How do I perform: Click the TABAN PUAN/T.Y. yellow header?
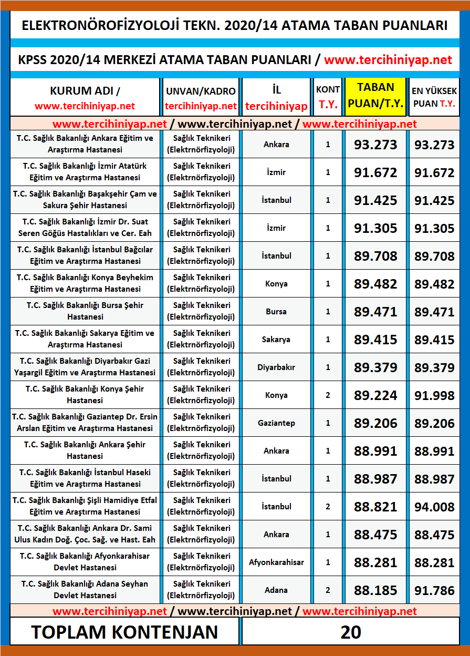(375, 97)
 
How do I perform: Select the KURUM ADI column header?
(85, 97)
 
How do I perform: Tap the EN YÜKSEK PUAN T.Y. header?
(434, 97)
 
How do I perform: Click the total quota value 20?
(350, 632)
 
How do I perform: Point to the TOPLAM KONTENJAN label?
(124, 632)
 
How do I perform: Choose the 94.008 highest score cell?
(434, 507)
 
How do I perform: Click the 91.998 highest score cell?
(434, 395)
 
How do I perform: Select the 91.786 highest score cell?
(434, 590)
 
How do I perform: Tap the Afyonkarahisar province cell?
(276, 562)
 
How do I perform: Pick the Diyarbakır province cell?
(276, 367)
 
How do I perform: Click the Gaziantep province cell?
(276, 423)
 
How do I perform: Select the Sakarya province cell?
(276, 340)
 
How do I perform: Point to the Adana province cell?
(276, 590)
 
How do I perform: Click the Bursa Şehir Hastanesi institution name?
(85, 311)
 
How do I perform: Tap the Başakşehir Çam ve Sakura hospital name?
(85, 200)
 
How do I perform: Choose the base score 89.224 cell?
(375, 395)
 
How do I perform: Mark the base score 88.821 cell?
(375, 507)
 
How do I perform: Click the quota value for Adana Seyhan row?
(328, 590)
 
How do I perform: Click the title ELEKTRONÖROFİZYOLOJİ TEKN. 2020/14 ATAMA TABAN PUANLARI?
(235, 25)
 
